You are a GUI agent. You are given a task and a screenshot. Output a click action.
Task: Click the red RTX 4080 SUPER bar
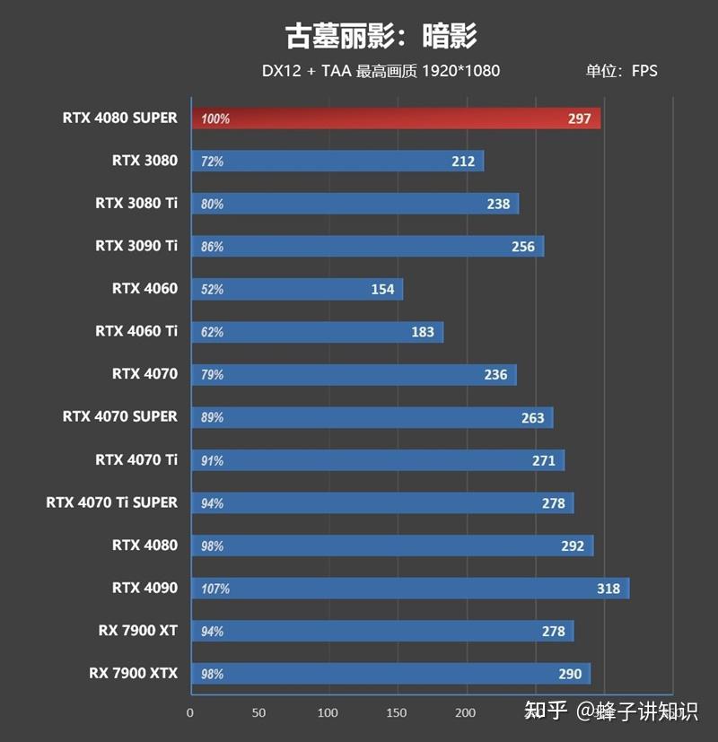395,118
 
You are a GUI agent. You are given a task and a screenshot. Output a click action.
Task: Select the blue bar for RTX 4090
409,588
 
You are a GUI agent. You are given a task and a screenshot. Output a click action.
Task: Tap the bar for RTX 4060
296,289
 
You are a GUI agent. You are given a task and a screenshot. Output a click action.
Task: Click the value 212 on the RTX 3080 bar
464,161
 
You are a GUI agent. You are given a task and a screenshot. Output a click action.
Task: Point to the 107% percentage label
215,589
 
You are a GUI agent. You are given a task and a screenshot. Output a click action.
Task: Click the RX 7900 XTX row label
133,673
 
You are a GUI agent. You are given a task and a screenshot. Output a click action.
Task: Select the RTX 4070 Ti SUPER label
111,502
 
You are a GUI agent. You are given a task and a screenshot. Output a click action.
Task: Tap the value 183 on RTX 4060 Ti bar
423,332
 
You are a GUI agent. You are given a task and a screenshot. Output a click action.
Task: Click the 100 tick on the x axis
328,712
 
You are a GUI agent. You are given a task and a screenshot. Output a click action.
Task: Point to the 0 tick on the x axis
190,712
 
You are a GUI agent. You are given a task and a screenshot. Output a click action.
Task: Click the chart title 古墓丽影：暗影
381,36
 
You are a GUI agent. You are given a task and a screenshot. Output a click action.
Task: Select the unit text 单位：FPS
621,71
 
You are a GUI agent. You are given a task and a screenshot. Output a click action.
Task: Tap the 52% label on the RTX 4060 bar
213,290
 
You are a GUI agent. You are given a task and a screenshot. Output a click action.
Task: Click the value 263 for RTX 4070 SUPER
532,417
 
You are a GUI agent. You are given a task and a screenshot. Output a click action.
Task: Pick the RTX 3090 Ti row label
136,246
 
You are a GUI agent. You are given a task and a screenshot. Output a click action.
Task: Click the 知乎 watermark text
546,711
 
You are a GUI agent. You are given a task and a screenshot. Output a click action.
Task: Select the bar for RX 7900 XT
381,631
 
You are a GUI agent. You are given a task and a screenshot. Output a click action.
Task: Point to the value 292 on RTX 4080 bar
573,546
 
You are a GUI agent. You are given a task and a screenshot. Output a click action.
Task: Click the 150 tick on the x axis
397,712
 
